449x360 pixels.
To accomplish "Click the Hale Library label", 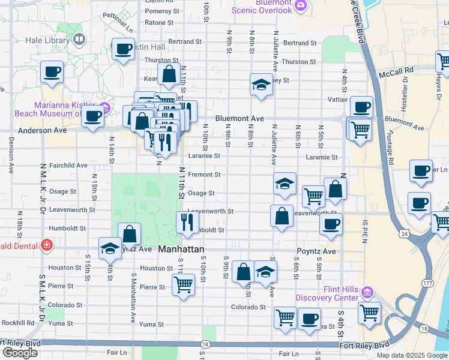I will point(48,41).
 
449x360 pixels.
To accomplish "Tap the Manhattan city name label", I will point(181,248).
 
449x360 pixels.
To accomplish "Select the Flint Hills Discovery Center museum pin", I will point(367,293).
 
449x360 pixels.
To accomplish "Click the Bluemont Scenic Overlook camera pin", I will point(301,7).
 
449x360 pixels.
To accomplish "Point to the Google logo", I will point(20,353).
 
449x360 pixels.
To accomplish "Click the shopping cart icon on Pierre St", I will point(184,283).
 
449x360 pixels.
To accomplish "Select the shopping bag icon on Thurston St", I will point(169,74).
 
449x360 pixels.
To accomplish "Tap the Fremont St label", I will point(205,175).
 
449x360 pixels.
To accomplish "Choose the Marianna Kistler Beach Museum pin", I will point(104,109).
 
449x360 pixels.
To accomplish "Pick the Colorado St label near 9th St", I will point(249,307).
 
